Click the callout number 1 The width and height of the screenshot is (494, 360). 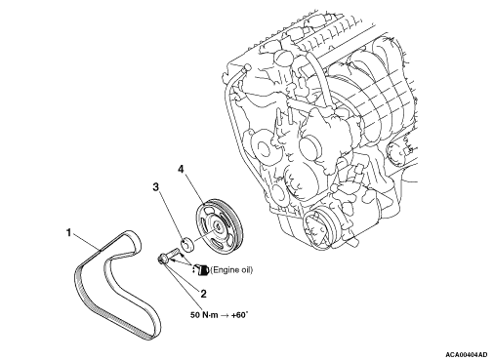coord(68,233)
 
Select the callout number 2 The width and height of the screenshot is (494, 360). coord(203,294)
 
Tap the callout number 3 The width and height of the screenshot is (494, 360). coord(156,186)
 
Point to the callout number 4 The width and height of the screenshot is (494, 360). coord(181,169)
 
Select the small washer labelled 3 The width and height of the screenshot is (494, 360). coord(187,245)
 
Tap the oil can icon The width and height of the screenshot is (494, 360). coord(201,270)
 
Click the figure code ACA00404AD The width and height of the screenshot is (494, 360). coord(467,354)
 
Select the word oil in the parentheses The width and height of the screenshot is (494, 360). coord(246,270)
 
